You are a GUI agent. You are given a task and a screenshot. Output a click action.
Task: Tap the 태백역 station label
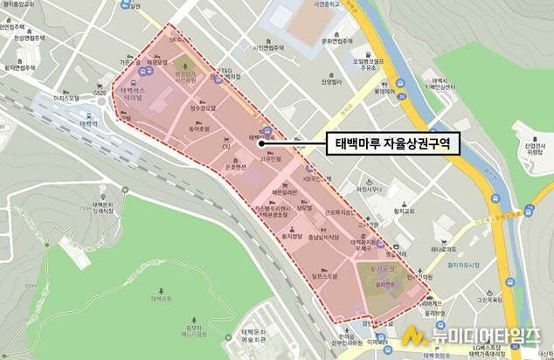[x=89, y=124]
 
